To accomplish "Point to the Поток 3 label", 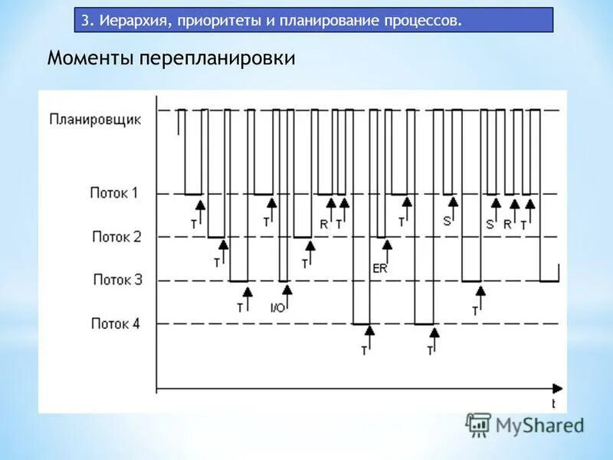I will click(x=117, y=280).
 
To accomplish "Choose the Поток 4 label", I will click(x=116, y=324).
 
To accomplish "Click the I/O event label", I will click(x=277, y=307).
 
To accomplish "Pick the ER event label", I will click(x=379, y=268).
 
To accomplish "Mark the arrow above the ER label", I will click(x=387, y=249).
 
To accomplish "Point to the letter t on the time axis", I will click(x=554, y=402).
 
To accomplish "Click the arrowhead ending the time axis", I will click(x=558, y=388).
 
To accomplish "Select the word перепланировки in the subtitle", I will click(x=217, y=59).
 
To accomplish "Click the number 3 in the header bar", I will click(x=85, y=20).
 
